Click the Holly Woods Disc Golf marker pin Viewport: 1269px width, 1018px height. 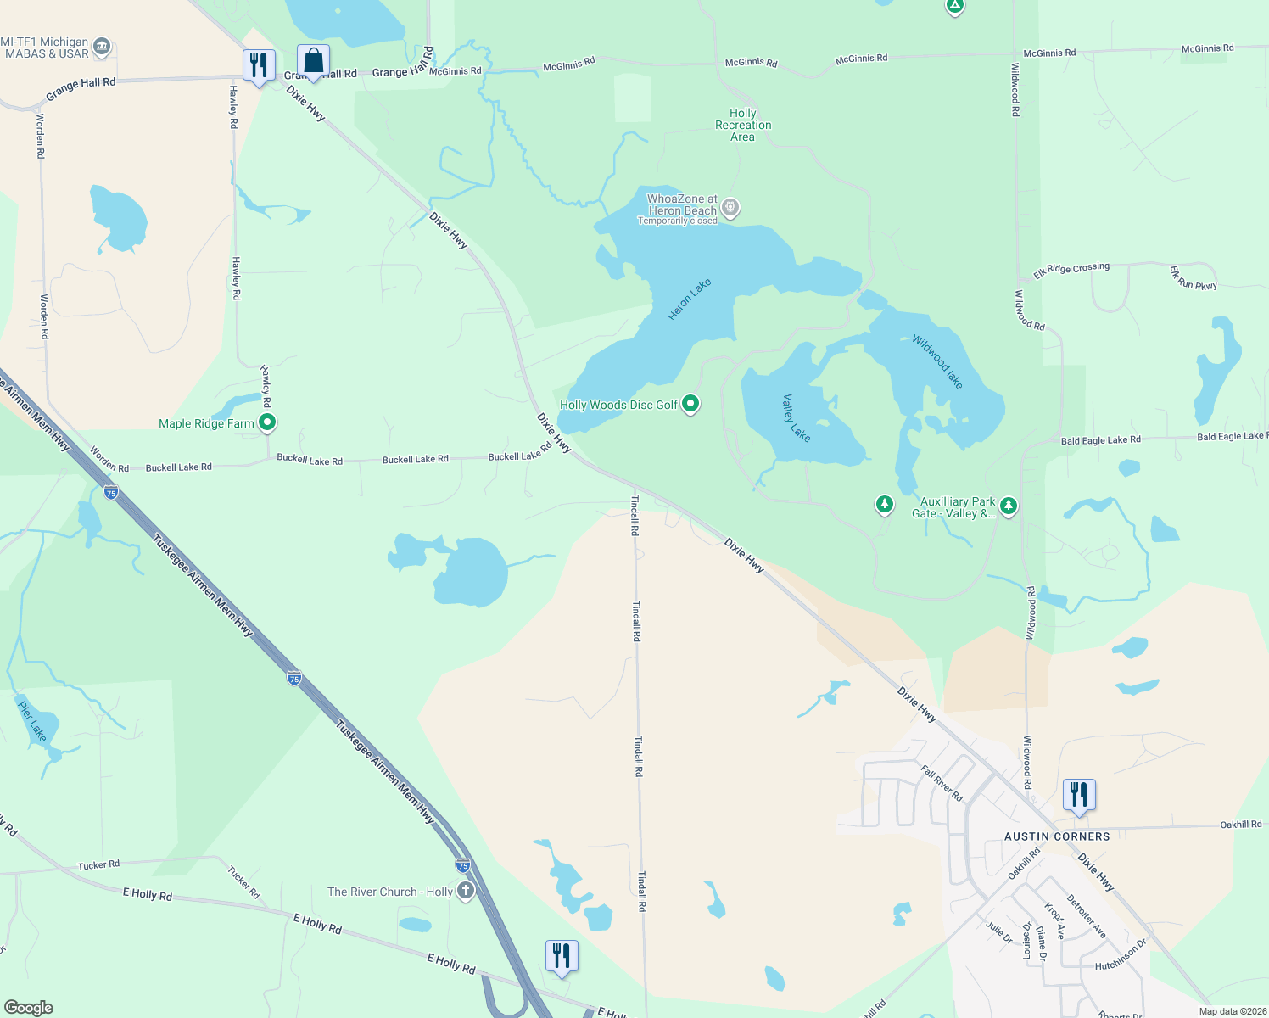click(690, 404)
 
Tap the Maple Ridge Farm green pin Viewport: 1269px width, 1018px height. click(267, 422)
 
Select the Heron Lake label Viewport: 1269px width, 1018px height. click(689, 299)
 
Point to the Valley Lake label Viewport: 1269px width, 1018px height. click(797, 417)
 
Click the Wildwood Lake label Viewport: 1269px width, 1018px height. click(937, 362)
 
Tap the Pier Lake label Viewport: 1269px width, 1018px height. click(32, 719)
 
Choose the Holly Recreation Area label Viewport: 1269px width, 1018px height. click(743, 125)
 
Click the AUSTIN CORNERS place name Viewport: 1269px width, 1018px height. click(1057, 836)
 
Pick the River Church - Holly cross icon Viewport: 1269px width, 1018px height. click(465, 891)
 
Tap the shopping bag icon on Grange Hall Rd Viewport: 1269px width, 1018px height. click(313, 62)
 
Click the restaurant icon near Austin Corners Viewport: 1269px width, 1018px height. click(1079, 796)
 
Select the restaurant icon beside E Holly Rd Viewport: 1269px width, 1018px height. click(562, 957)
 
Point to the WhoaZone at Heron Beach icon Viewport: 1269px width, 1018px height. click(730, 208)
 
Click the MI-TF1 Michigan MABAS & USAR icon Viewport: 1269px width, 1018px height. click(102, 46)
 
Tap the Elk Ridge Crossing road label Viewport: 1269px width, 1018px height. click(1071, 271)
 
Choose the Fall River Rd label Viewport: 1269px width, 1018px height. click(942, 783)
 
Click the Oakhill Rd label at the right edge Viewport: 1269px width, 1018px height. click(1241, 824)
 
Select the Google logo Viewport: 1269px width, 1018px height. click(29, 1007)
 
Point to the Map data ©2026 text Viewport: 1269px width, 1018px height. click(1229, 1011)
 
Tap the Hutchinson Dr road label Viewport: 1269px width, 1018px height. click(1120, 955)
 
